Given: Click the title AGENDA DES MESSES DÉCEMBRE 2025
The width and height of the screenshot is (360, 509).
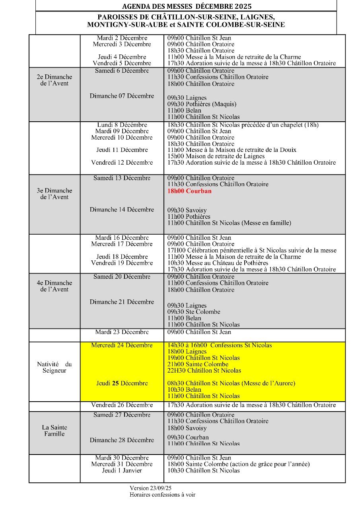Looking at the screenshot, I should (187, 6).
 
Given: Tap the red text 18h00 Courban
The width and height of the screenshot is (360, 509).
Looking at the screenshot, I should (189, 191).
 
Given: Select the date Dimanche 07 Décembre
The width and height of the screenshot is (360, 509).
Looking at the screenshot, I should (122, 96).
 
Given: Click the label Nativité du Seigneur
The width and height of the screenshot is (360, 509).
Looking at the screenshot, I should (54, 367).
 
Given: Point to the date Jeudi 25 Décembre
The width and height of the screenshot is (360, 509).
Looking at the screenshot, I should (122, 383).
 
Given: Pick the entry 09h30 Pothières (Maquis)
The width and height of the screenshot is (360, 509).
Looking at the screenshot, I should (202, 104).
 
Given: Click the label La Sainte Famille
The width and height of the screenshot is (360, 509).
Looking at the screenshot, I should (54, 431).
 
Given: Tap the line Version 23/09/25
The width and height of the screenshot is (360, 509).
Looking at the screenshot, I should (150, 488).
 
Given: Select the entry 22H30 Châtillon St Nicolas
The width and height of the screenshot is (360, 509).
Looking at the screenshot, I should (204, 371).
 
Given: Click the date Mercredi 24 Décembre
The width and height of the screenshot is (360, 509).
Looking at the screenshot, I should (122, 345).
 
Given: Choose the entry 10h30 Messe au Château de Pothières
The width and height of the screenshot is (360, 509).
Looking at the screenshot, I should (218, 263).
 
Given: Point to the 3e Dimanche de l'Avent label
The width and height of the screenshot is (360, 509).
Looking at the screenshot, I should (54, 194).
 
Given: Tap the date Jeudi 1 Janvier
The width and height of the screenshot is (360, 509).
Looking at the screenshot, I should (122, 470).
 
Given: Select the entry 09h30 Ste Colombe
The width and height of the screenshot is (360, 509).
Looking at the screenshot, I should (194, 312).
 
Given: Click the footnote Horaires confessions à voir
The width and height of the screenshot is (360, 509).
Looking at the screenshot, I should (162, 495).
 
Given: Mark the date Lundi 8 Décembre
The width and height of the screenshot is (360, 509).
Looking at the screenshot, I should (122, 125).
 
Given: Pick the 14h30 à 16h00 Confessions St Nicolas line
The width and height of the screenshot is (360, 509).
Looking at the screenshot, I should (220, 345).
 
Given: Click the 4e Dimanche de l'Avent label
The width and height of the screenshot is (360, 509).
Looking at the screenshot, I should (54, 286).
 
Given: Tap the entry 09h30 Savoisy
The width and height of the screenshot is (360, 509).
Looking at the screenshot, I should (187, 210).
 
